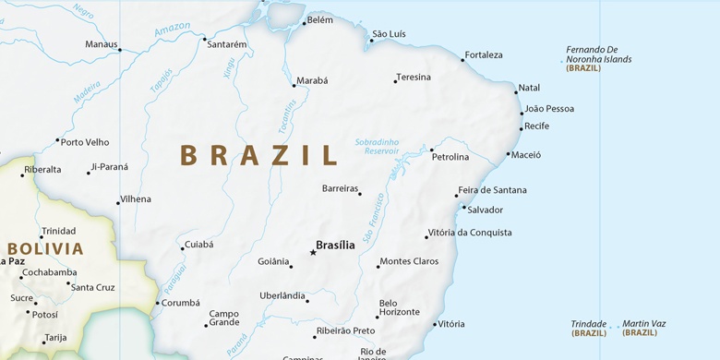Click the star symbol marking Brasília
pos(312,252)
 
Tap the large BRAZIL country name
pos(259,155)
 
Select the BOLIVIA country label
pos(45,248)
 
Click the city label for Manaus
pos(101,43)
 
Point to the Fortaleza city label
pos(484,55)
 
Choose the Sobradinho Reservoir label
pos(378,146)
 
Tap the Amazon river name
pos(172,32)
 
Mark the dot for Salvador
pos(463,207)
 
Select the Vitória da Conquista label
pos(469,233)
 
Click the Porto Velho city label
pos(85,142)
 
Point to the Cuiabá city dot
pos(182,247)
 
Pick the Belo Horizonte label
pos(400,307)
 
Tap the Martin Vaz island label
pos(643,323)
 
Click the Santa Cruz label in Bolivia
pos(93,287)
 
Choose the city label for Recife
pos(536,126)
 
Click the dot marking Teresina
pos(395,81)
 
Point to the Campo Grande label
pos(224,318)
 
